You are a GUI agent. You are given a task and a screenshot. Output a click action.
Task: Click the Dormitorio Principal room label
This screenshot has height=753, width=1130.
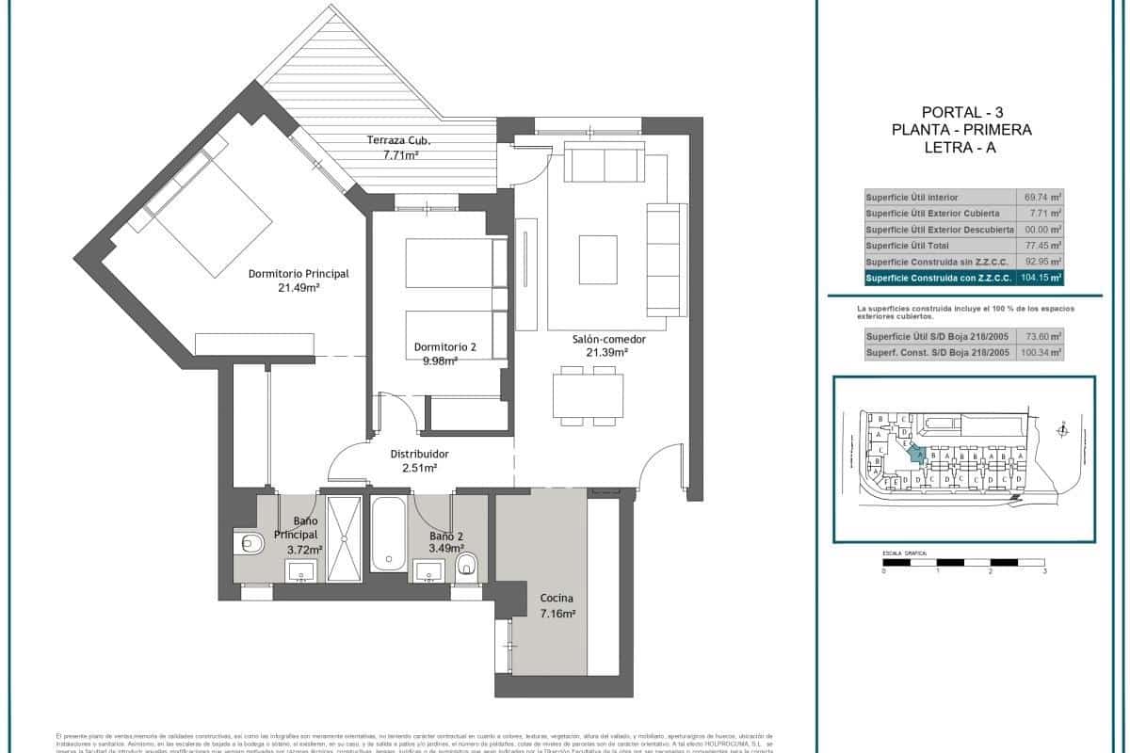(299, 274)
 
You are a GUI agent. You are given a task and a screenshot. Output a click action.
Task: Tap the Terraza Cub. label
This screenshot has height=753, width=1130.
(398, 140)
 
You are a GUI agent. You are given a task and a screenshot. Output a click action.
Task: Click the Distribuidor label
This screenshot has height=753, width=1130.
(419, 454)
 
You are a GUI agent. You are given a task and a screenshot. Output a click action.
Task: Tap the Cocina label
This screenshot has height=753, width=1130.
(557, 599)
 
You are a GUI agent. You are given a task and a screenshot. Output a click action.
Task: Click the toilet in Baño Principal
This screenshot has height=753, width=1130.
(250, 543)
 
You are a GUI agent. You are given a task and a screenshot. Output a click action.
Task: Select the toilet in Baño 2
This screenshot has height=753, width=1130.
(467, 566)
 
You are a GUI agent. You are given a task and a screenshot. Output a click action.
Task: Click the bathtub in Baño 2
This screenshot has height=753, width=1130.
(387, 534)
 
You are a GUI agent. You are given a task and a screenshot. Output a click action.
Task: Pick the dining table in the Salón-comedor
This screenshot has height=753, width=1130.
(586, 394)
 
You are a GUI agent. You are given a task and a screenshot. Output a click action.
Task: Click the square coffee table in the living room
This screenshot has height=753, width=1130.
(598, 253)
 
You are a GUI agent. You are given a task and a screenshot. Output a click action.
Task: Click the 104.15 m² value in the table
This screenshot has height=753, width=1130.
(1041, 278)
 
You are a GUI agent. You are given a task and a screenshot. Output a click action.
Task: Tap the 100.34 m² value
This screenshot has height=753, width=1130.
(1042, 352)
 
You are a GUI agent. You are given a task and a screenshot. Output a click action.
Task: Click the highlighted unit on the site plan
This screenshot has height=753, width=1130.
(914, 453)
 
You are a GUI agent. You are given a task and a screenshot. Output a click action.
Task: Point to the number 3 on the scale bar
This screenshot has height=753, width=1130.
(1045, 571)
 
